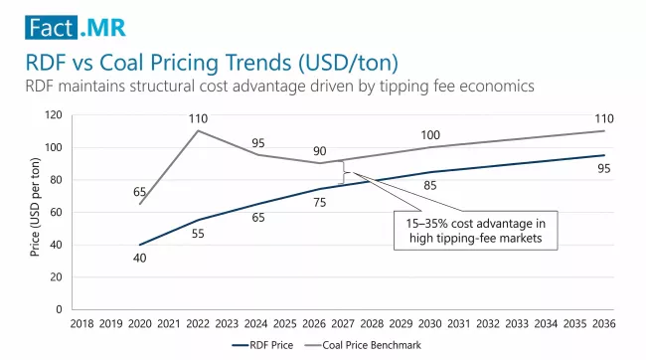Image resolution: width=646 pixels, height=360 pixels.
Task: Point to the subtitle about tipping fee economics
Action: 279,87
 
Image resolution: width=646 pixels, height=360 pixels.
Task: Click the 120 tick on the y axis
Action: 53,115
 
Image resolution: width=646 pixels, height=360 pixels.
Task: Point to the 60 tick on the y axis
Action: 56,212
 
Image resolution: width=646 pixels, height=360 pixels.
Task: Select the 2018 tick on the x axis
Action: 81,323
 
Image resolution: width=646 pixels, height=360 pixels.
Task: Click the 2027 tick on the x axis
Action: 343,323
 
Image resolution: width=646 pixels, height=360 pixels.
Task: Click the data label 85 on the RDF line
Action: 429,185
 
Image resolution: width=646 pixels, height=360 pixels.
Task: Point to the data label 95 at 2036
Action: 603,168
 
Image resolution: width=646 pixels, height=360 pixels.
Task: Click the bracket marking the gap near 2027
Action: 344,173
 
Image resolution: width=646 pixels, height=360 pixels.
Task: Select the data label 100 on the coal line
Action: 429,134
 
